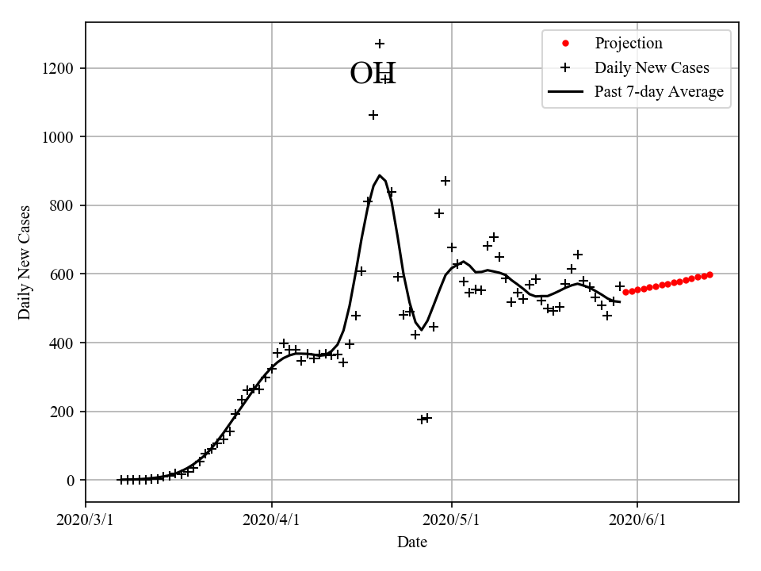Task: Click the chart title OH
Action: pyautogui.click(x=373, y=74)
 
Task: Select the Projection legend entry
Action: pyautogui.click(x=628, y=43)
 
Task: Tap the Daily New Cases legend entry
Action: pyautogui.click(x=652, y=67)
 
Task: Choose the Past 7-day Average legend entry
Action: pyautogui.click(x=659, y=92)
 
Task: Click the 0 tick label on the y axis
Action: pyautogui.click(x=71, y=481)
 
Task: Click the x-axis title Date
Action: pyautogui.click(x=412, y=542)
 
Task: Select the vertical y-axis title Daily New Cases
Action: pyautogui.click(x=25, y=263)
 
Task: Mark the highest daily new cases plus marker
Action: pyautogui.click(x=380, y=44)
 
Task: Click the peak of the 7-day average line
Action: pyautogui.click(x=380, y=175)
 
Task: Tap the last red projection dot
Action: pyautogui.click(x=709, y=274)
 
